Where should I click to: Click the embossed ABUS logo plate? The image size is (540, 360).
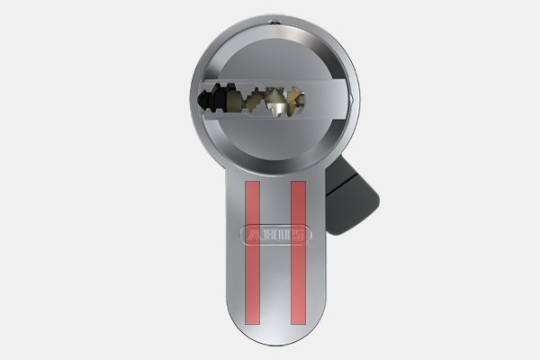pos(276,235)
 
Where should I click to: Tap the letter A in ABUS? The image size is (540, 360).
pos(254,235)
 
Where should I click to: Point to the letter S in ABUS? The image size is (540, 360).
pos(298,235)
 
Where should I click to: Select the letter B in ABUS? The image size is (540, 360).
pos(268,235)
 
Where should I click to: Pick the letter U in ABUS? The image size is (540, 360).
pos(283,235)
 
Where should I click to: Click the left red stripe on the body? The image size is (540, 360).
pos(252,253)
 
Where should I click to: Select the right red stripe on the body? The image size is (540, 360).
pos(298,253)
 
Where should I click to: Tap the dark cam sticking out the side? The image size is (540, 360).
pos(351,196)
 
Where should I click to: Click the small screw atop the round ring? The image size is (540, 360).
pos(274,22)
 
